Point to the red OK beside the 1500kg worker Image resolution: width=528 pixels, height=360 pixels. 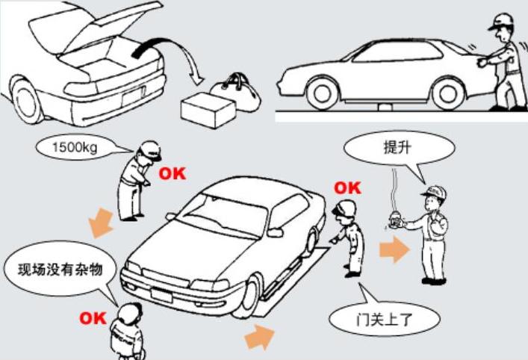coord(172,173)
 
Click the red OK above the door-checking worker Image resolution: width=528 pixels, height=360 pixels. coord(347,187)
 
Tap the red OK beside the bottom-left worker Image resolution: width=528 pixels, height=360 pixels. coord(93,318)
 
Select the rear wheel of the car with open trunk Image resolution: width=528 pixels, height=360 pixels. coord(28,98)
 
